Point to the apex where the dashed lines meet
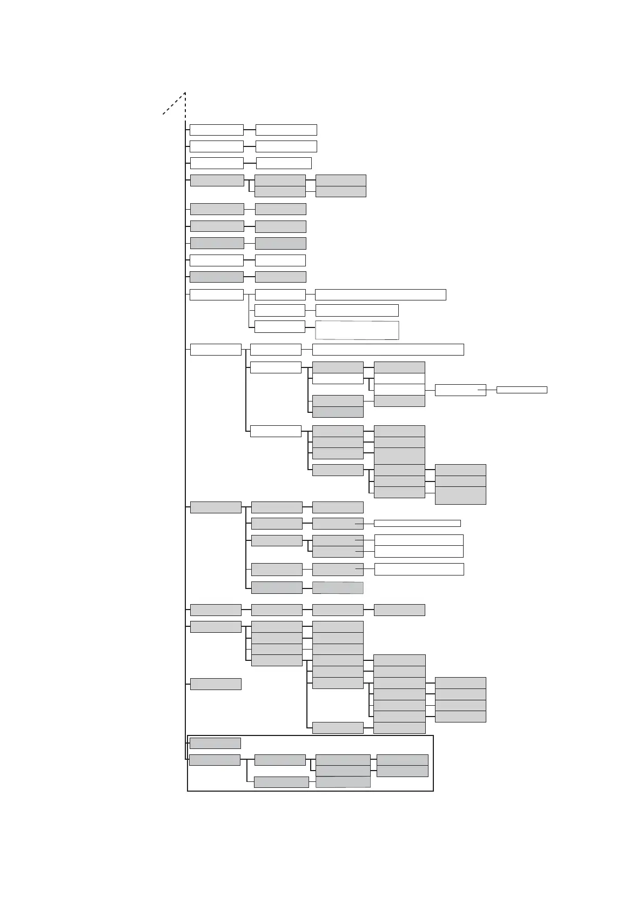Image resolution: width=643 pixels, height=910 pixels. [185, 92]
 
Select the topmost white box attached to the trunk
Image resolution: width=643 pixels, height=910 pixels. [216, 130]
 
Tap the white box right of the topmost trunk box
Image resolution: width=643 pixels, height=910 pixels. [286, 130]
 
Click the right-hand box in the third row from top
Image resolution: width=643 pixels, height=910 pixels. [284, 163]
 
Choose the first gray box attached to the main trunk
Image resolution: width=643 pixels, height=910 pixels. [217, 180]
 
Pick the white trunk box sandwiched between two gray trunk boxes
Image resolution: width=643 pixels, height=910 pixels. [216, 260]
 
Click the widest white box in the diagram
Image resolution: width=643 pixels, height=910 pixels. [388, 350]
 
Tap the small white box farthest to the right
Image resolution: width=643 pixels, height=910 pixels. [521, 390]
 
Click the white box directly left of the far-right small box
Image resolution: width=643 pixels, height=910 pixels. [460, 390]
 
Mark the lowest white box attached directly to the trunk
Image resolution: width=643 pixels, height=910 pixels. [216, 350]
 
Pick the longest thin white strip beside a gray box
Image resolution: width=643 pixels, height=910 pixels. [417, 523]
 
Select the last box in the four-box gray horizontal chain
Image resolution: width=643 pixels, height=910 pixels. [399, 610]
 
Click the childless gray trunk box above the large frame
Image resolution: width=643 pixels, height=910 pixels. [216, 684]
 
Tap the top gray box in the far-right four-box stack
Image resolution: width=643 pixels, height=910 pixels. [460, 683]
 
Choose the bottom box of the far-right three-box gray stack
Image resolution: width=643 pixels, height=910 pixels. [460, 496]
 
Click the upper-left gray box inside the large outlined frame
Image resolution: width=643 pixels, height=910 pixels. [215, 744]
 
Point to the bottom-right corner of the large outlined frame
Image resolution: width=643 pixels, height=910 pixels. [433, 791]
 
